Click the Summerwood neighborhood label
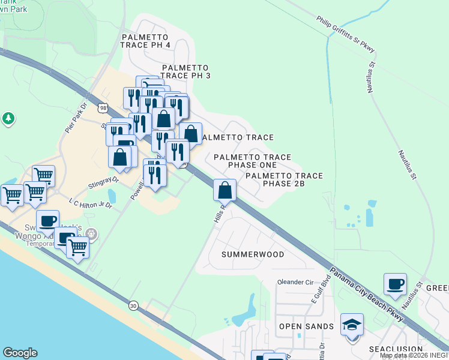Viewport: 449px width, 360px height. coord(253,254)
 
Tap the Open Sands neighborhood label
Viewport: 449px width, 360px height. coord(306,326)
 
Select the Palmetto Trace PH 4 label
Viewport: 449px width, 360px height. coord(146,41)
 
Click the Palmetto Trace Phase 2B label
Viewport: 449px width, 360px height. coord(284,179)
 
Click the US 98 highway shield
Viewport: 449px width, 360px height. coord(101,107)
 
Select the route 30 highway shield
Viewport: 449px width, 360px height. coord(133,305)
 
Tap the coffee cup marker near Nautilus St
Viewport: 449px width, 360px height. coord(395,284)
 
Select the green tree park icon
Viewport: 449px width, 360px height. coord(8,118)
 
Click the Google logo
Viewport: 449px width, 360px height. coord(20,353)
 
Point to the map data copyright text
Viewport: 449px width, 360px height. coord(414,356)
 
